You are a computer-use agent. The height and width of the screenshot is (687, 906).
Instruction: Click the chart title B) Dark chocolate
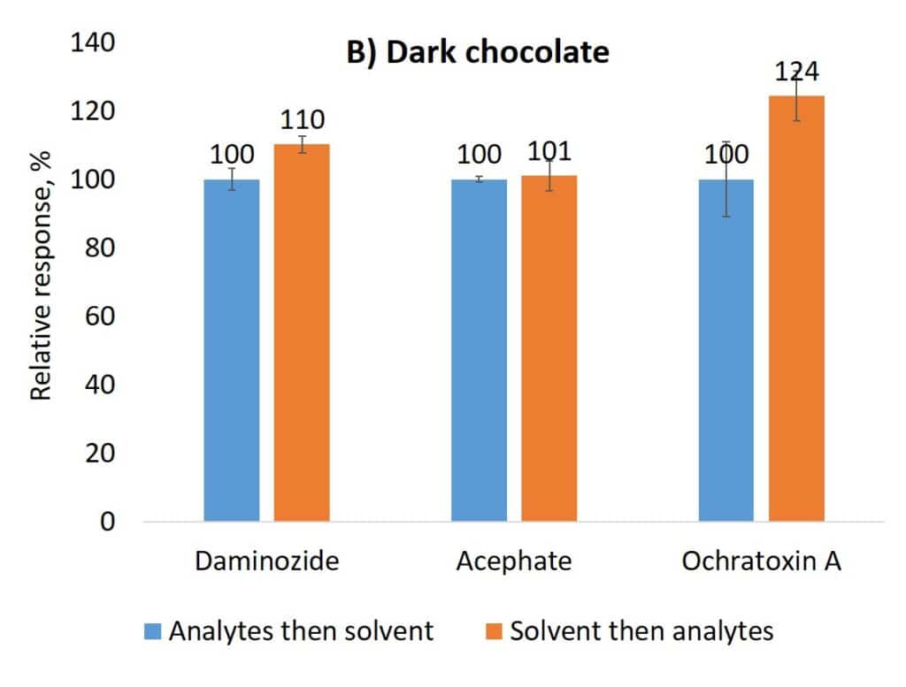[x=477, y=53]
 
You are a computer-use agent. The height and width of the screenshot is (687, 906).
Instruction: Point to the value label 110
[x=301, y=119]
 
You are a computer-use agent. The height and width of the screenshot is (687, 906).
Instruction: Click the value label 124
[x=796, y=72]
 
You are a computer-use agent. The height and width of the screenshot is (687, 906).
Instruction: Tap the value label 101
[x=549, y=153]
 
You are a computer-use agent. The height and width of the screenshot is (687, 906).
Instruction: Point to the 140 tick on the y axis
[x=92, y=43]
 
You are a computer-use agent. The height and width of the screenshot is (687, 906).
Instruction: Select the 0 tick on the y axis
[x=107, y=522]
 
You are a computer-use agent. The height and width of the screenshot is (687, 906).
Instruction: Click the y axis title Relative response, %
[x=42, y=275]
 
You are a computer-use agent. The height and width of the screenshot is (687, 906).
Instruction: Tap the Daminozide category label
[x=266, y=561]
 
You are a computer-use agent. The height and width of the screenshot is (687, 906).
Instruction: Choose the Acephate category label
[x=513, y=561]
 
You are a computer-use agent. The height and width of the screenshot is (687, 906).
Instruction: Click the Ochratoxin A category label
[x=761, y=561]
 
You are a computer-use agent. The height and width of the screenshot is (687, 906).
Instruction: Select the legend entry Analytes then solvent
[x=301, y=631]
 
